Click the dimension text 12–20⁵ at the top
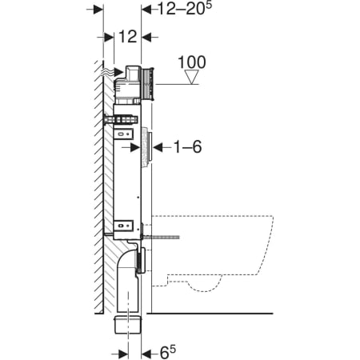tap(185, 9)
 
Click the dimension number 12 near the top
tap(128, 37)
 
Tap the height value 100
tap(192, 62)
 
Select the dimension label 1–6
tap(187, 147)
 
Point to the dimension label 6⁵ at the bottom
tap(168, 352)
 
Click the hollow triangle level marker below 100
tap(192, 77)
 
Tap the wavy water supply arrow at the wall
tap(112, 71)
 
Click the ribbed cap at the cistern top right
tap(148, 84)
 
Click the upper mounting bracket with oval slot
tap(124, 133)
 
